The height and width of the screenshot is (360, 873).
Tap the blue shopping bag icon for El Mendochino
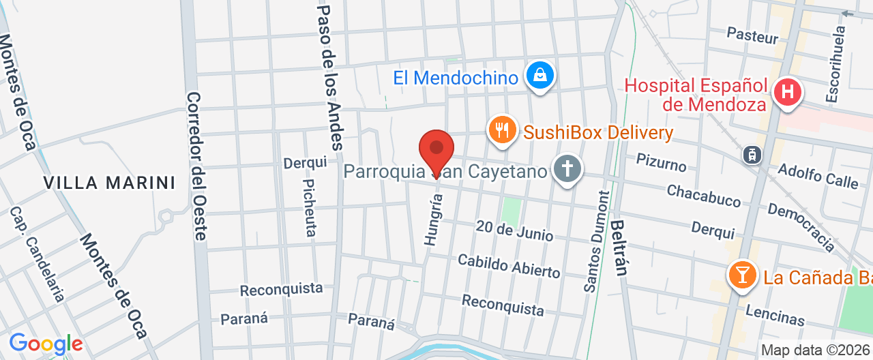point(540,76)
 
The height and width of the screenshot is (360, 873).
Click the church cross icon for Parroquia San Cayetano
point(567,168)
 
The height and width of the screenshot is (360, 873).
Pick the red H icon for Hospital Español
point(787,92)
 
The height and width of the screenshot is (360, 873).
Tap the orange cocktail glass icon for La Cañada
point(742,275)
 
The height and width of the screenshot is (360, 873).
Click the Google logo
point(45,344)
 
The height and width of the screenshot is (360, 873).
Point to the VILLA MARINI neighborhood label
point(109,183)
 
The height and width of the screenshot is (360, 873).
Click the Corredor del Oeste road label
point(196,166)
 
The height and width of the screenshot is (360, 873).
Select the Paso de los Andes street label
point(329,76)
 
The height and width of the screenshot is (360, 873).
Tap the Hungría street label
point(433,220)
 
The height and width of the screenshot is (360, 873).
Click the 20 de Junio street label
point(515,230)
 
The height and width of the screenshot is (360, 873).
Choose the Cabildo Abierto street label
point(509,266)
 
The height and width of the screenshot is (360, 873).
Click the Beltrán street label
point(619,246)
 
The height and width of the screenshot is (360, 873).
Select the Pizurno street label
point(661,163)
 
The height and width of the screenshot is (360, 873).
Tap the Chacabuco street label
point(704,196)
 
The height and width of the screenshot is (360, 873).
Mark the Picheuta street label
point(310,208)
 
